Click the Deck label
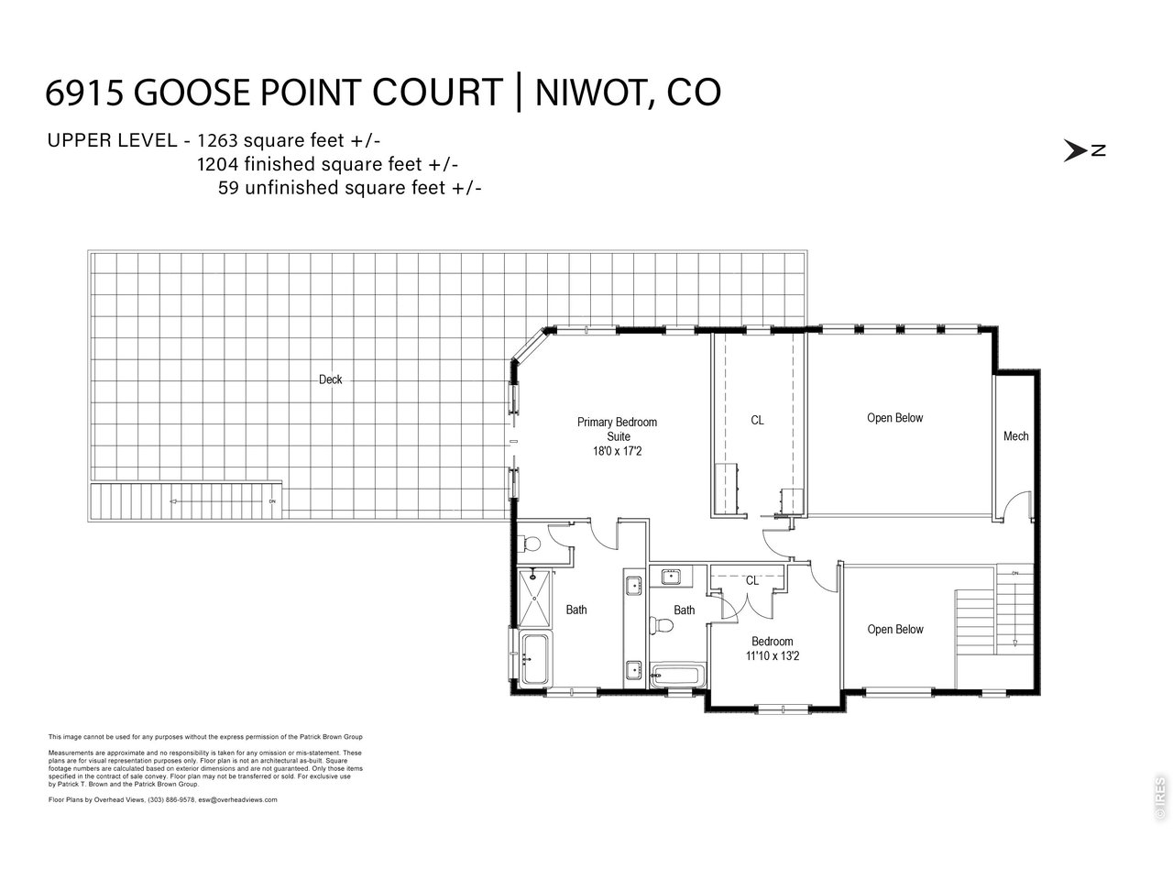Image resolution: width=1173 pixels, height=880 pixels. [x=330, y=379]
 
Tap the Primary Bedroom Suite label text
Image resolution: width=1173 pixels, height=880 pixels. [x=617, y=429]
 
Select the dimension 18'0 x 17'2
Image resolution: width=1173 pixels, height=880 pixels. [x=619, y=451]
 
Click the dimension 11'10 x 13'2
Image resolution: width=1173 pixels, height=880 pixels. [x=772, y=655]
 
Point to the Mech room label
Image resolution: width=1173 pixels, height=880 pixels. [x=1015, y=436]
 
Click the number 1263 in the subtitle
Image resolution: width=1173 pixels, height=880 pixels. [x=217, y=140]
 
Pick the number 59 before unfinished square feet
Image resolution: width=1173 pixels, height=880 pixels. [x=228, y=187]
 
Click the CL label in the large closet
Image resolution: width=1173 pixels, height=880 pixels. [x=757, y=421]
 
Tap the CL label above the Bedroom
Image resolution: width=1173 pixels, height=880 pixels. [x=751, y=581]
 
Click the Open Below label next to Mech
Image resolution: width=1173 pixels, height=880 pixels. [x=894, y=418]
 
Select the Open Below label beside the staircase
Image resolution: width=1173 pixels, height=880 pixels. [x=894, y=629]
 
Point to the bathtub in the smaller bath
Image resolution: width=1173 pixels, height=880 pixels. [x=675, y=677]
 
